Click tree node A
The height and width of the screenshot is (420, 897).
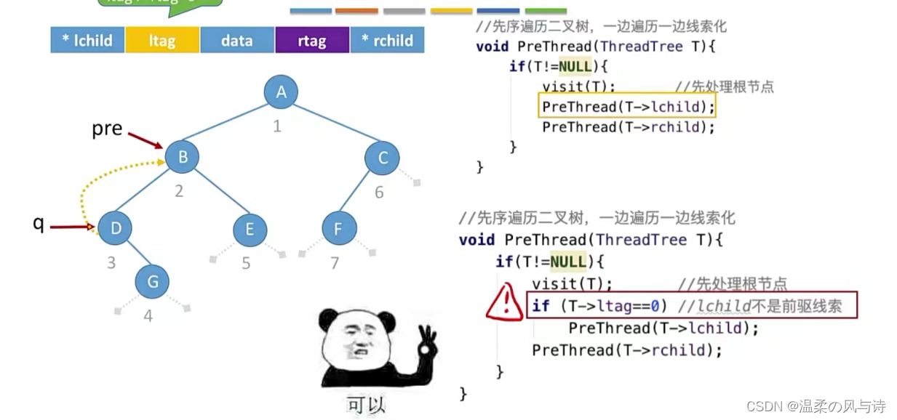(x=281, y=92)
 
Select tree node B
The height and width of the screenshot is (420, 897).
(x=182, y=156)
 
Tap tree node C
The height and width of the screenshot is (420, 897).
(x=383, y=158)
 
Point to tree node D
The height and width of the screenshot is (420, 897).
(x=116, y=228)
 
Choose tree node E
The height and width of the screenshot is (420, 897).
(x=250, y=230)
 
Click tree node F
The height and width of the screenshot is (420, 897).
(x=339, y=230)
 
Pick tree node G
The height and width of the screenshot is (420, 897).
(x=152, y=281)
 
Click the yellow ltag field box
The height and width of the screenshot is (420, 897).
(x=162, y=41)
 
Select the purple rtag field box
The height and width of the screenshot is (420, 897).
(x=312, y=41)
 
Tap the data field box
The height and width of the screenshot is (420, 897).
(x=237, y=41)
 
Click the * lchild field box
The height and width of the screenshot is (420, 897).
(x=88, y=41)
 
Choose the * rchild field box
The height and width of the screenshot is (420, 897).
(x=387, y=41)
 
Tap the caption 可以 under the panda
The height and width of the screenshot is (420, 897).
(x=366, y=404)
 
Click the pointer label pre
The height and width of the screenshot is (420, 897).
(x=107, y=129)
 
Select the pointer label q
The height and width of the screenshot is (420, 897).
(x=39, y=224)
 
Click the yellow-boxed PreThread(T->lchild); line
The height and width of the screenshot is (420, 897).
(x=627, y=107)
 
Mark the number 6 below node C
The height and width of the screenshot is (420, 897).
(x=379, y=193)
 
